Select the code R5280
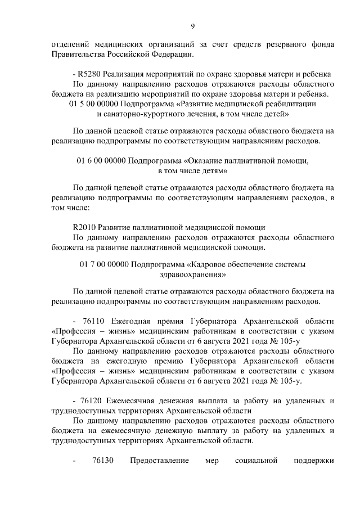click(x=89, y=75)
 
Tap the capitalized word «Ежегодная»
click(x=130, y=321)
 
